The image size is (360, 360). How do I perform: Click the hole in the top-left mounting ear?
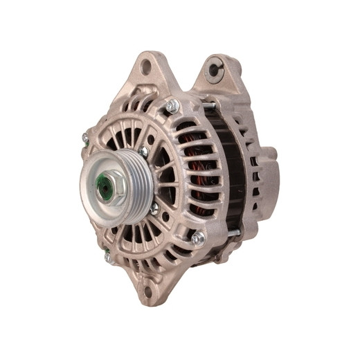click(145, 67)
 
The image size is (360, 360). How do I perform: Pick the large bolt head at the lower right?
click(199, 237)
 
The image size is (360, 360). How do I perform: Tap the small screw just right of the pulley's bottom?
click(154, 207)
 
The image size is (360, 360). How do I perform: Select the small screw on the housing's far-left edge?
click(85, 138)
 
